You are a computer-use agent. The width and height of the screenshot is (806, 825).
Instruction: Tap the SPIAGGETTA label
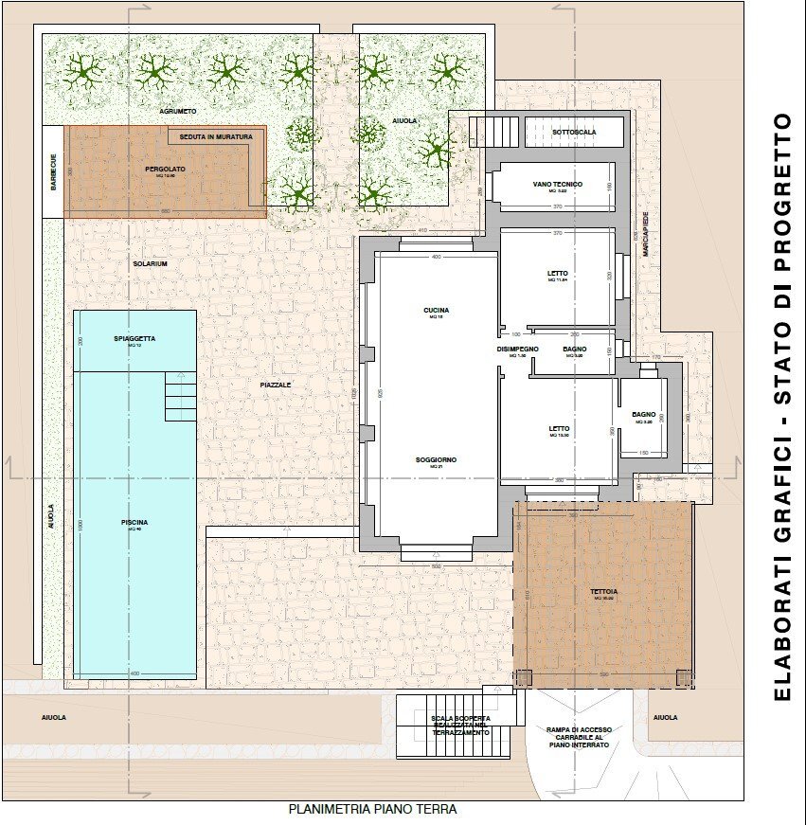tap(134, 338)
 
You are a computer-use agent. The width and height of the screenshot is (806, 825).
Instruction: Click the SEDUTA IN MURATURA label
tap(217, 136)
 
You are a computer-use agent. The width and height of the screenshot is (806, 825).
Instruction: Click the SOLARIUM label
tap(150, 263)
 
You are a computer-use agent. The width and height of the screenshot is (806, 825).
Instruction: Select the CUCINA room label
tap(437, 311)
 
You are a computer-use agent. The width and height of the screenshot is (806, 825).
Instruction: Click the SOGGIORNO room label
tap(436, 460)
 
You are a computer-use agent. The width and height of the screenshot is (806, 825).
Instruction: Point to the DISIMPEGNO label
tap(517, 350)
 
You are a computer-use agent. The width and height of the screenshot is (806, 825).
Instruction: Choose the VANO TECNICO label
tap(557, 183)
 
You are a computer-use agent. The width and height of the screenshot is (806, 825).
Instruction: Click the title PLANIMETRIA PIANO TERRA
tap(372, 810)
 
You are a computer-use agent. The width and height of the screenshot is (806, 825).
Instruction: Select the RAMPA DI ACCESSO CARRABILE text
tap(579, 737)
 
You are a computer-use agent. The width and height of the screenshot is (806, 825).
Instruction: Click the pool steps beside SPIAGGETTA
tap(180, 396)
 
